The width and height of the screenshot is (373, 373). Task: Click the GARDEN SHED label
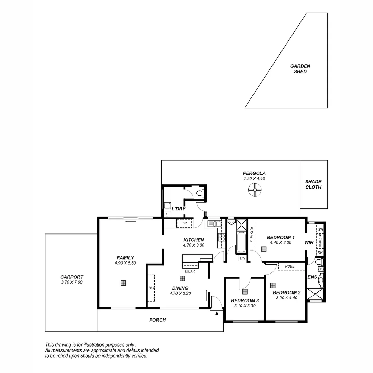click(x=300, y=69)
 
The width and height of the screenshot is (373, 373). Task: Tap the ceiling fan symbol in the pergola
click(x=255, y=189)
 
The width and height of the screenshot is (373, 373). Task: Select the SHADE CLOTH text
click(x=313, y=184)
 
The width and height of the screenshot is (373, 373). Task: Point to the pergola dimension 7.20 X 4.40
click(x=254, y=179)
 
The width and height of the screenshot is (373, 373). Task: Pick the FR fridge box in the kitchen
click(x=184, y=223)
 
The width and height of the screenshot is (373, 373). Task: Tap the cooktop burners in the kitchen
click(x=221, y=237)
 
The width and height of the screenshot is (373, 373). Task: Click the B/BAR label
click(x=190, y=271)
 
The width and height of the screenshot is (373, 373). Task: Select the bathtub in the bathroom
click(x=241, y=242)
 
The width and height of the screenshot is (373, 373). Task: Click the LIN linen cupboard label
click(x=242, y=258)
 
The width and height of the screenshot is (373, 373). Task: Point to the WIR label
click(x=309, y=243)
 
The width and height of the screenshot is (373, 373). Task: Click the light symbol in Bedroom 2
click(x=273, y=285)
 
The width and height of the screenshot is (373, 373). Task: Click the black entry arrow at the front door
click(x=217, y=313)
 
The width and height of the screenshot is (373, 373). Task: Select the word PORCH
click(x=157, y=320)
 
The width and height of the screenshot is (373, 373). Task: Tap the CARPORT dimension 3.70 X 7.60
click(x=71, y=282)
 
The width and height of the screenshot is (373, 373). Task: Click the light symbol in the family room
click(x=123, y=283)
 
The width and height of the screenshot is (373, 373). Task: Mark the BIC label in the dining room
click(x=151, y=288)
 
